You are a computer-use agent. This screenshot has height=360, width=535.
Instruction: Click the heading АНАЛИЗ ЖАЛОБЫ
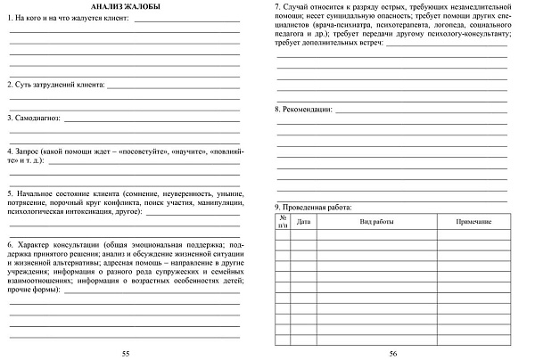[124, 8]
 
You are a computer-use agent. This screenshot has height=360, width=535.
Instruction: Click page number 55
[125, 354]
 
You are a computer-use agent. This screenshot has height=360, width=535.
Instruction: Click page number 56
[392, 354]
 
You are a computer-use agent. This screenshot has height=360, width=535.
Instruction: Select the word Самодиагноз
[37, 117]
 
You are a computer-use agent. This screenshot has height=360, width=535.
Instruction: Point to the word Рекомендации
[308, 109]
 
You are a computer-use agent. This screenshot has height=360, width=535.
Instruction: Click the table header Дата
[303, 221]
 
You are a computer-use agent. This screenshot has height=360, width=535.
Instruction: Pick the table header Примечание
[473, 221]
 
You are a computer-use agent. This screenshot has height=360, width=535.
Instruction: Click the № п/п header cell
[283, 221]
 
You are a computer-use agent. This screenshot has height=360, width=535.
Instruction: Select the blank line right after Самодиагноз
[152, 119]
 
